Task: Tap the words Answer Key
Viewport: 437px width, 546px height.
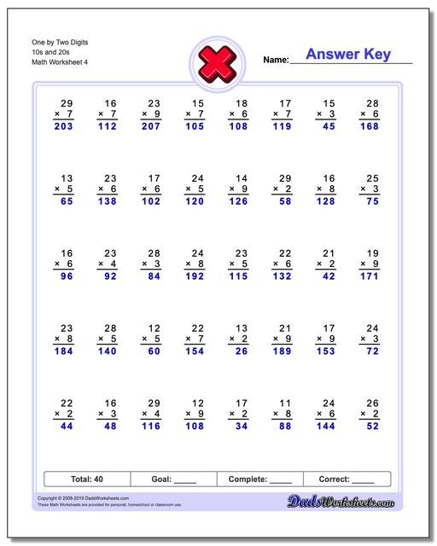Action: coord(348,55)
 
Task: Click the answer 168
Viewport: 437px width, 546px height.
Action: coord(370,126)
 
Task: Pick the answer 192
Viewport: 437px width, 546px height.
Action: coord(195,276)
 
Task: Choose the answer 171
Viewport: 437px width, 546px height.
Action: coord(370,276)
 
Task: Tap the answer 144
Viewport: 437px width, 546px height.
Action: coord(326,427)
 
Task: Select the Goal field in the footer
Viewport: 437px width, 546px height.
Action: coord(173,479)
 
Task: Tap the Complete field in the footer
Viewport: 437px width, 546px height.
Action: coord(260,479)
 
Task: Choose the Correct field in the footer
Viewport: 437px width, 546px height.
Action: coord(347,479)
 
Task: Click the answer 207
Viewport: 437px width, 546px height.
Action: coord(152,126)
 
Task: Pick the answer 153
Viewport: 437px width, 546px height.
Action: coord(326,351)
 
